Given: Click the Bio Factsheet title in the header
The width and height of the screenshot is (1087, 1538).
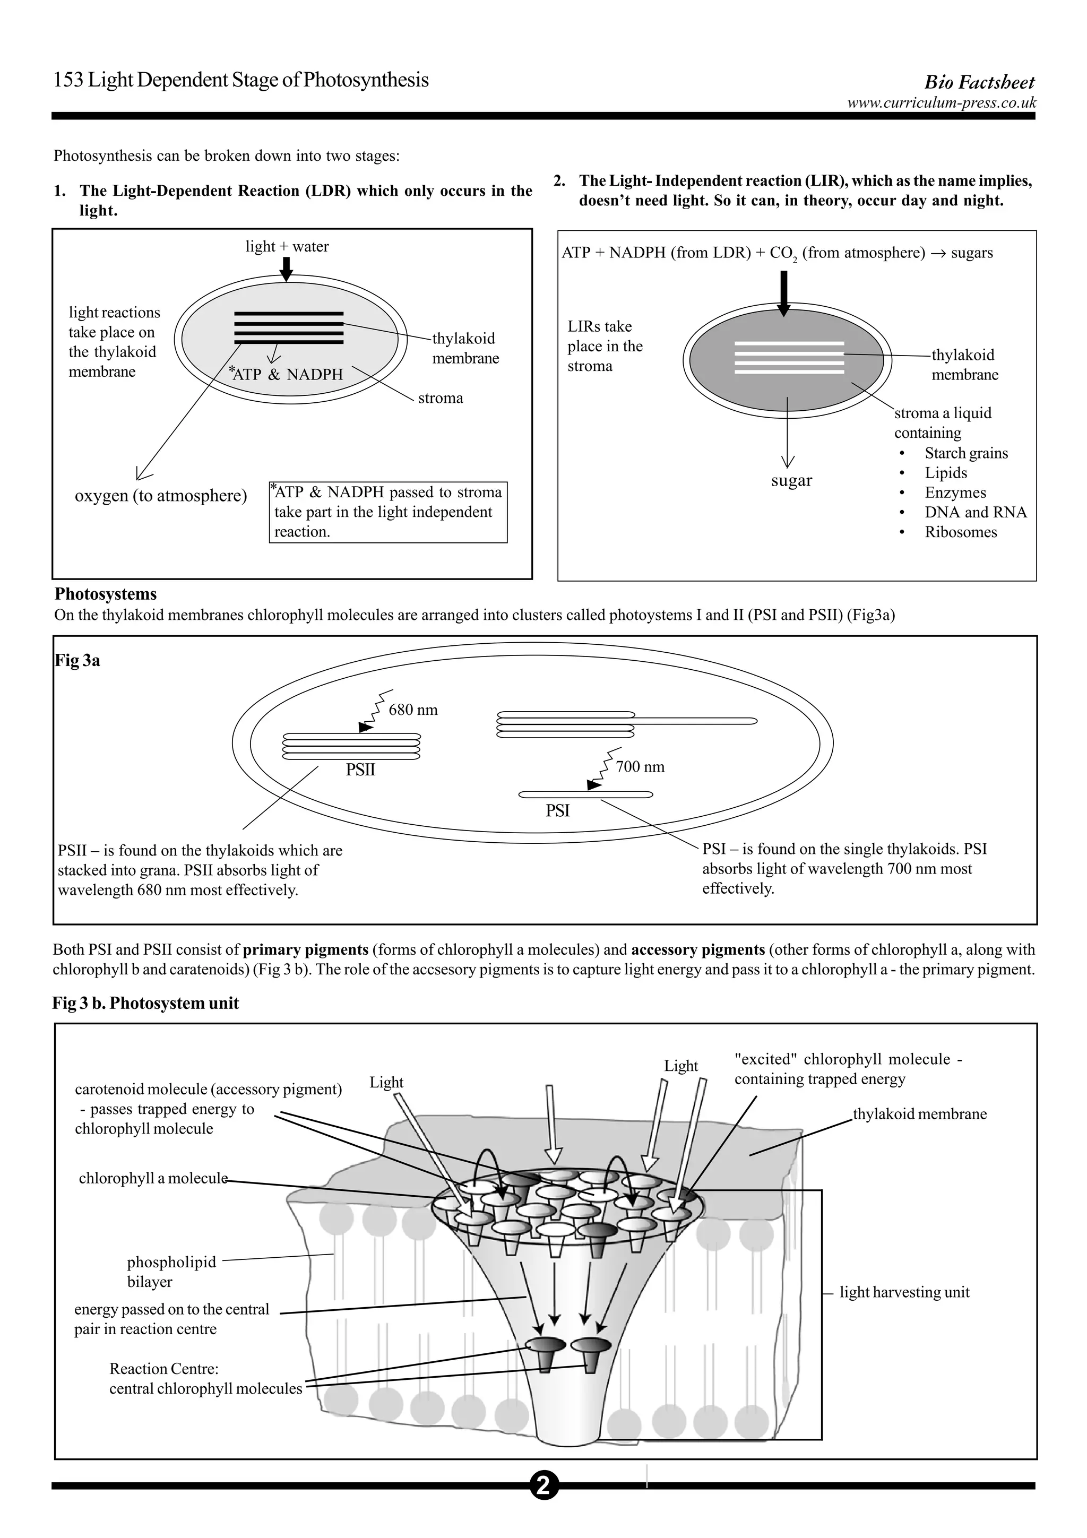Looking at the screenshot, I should [979, 82].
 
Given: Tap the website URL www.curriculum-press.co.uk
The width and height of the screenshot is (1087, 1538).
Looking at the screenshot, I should [941, 102].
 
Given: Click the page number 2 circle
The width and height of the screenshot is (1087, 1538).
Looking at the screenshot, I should [543, 1486].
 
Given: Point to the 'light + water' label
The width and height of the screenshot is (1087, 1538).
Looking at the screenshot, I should [287, 246].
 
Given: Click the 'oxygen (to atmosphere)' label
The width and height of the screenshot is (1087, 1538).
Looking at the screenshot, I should [161, 496].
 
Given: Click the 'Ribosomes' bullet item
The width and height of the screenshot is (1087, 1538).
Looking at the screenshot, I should [961, 532].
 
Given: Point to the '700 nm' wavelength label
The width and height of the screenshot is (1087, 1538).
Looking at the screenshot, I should [640, 767].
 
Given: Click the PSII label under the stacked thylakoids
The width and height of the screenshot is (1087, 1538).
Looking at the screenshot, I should [360, 770].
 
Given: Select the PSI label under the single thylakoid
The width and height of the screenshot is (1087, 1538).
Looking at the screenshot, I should [557, 810].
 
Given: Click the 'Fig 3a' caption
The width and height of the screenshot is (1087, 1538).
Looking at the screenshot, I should [77, 661].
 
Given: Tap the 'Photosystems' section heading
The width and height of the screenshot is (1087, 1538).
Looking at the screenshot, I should [106, 594].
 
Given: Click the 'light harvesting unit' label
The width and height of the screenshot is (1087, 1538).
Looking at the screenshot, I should [904, 1292].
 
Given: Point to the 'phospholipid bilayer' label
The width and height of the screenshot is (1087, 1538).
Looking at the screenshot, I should [171, 1272].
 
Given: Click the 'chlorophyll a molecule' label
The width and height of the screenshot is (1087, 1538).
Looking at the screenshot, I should [153, 1178].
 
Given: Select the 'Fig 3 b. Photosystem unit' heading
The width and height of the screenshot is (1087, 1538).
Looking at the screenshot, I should [145, 1003].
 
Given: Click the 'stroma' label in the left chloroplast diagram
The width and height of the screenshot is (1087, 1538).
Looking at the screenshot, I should [440, 398].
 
